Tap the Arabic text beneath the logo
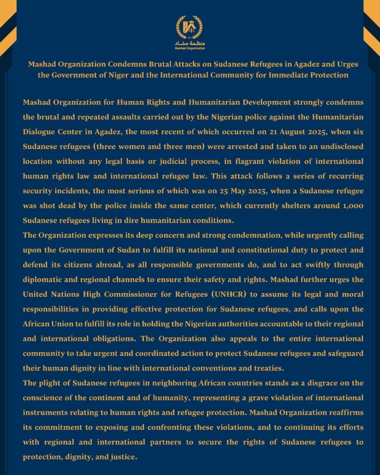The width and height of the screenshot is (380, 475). [190, 42]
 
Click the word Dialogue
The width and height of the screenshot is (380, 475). [40, 132]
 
